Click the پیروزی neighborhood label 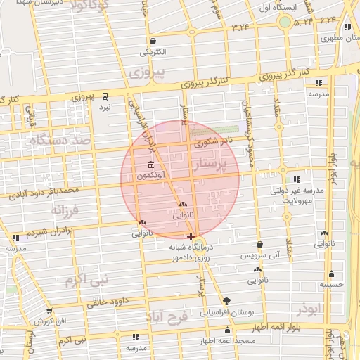[148, 72]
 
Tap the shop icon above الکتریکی [153, 41]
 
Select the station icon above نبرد [105, 96]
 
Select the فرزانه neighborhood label [67, 210]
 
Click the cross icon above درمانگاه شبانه [191, 236]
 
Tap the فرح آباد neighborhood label [167, 318]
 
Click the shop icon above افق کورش [49, 311]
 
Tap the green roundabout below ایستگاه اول [284, 22]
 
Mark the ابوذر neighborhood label [309, 309]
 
